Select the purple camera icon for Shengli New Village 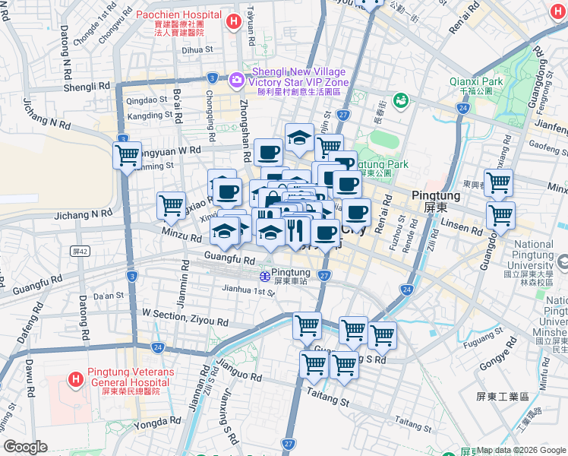(235, 78)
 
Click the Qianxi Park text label (476, 81)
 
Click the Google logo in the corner (25, 447)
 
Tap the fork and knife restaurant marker (295, 229)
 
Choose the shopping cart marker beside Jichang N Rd (171, 205)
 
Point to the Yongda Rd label (157, 420)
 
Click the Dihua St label (176, 50)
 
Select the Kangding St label (150, 116)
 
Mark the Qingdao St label (146, 100)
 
